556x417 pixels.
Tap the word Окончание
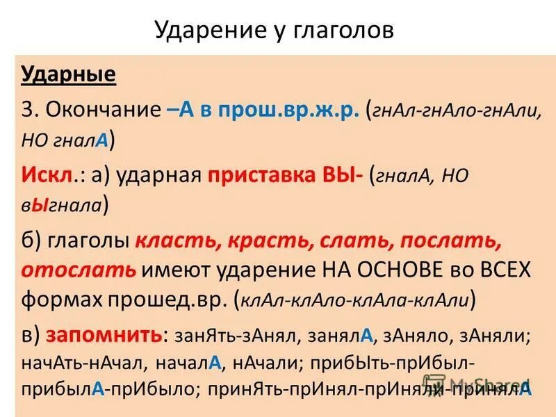tap(105, 110)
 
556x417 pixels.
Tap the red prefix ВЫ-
tap(341, 175)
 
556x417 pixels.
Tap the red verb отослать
tap(78, 270)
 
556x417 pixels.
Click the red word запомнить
tap(104, 336)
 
